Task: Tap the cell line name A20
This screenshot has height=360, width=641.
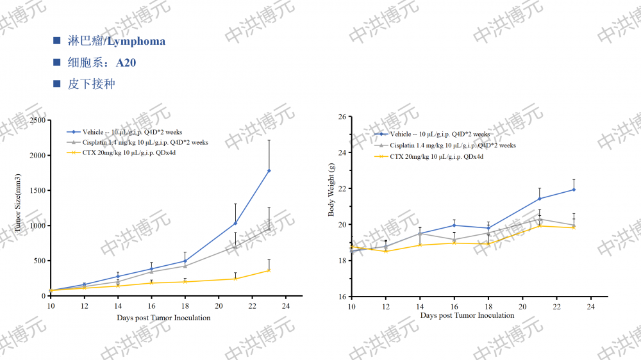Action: click(x=126, y=63)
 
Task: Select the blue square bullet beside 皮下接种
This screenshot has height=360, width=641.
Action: click(x=57, y=84)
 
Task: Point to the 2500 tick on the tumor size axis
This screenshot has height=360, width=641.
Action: click(x=38, y=120)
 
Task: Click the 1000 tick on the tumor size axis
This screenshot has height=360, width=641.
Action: click(x=38, y=225)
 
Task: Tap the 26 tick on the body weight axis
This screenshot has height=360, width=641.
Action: click(x=342, y=117)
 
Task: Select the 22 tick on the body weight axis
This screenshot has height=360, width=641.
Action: click(x=342, y=189)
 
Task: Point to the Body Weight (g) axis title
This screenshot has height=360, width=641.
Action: click(x=331, y=190)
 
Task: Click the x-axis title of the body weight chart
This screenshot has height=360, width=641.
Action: click(x=467, y=315)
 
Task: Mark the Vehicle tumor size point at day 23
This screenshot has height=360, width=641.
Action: click(x=269, y=170)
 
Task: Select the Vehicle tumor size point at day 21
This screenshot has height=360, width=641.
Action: click(x=235, y=223)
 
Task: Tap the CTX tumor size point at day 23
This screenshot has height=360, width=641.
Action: click(x=269, y=270)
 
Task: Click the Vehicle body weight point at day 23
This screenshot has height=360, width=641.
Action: click(x=574, y=190)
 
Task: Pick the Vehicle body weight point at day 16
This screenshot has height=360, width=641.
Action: click(x=454, y=225)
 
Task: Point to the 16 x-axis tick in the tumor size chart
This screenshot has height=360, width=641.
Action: click(x=151, y=306)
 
